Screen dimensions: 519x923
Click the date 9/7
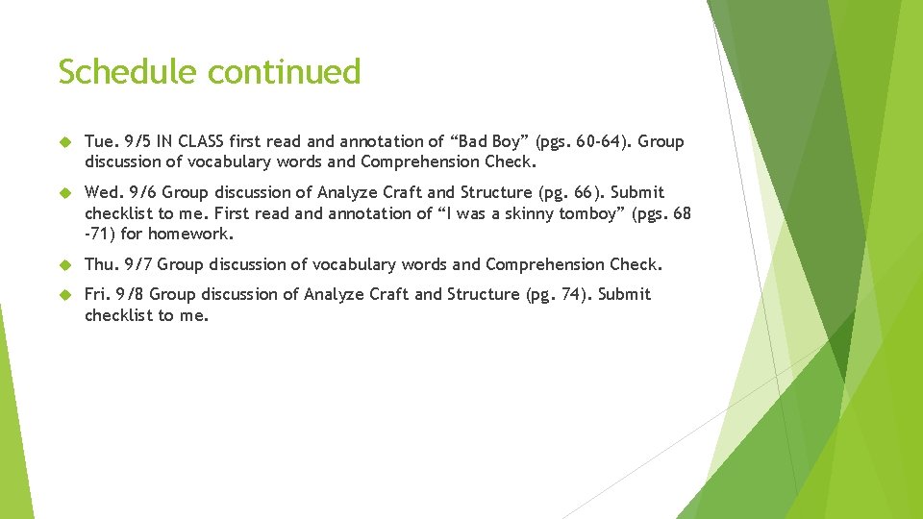[x=137, y=264]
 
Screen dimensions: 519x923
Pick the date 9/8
[x=131, y=294]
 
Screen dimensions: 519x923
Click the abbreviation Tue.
[x=100, y=142]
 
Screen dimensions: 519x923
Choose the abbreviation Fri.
[x=97, y=294]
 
